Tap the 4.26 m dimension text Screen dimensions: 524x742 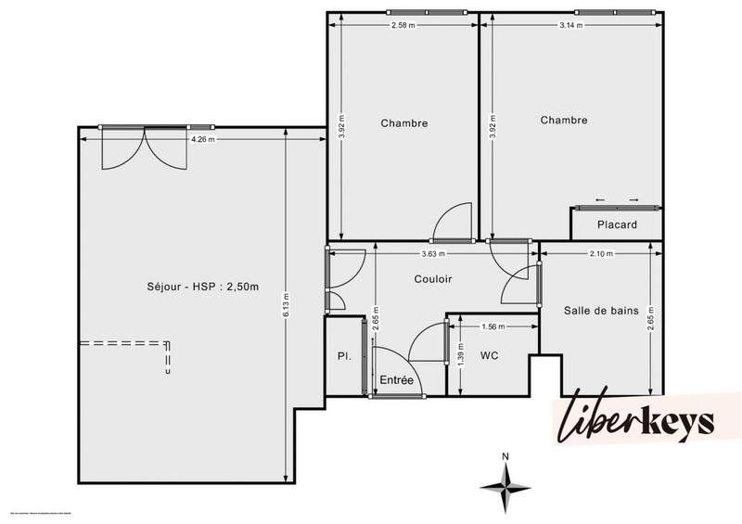tap(202, 140)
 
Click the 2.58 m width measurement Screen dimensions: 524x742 tap(403, 25)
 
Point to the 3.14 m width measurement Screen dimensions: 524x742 tap(571, 25)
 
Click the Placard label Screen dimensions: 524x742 tap(617, 224)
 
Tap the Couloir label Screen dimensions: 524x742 tap(433, 277)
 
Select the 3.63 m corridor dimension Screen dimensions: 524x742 tap(433, 253)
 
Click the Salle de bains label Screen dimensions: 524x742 tap(601, 311)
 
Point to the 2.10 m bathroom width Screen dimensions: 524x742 tap(601, 253)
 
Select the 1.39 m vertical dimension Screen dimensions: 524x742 tap(460, 356)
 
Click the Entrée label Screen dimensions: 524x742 tap(397, 380)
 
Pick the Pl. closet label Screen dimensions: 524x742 tap(342, 356)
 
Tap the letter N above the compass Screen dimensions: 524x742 tap(505, 456)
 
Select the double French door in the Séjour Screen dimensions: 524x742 tap(144, 148)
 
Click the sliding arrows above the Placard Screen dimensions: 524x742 tap(617, 199)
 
